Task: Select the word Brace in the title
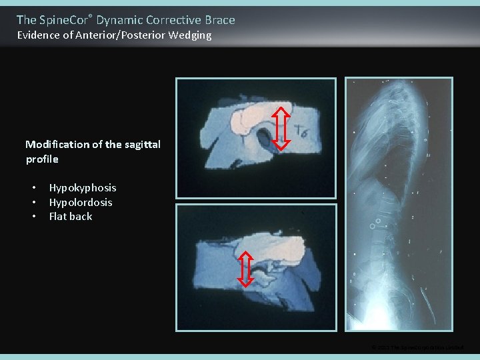220,20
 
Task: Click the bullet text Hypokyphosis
82,188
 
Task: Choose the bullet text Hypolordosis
80,202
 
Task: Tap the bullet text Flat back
70,216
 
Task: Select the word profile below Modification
42,159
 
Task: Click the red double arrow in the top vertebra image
281,127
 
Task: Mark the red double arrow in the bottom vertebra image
245,268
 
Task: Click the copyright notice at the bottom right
417,347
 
